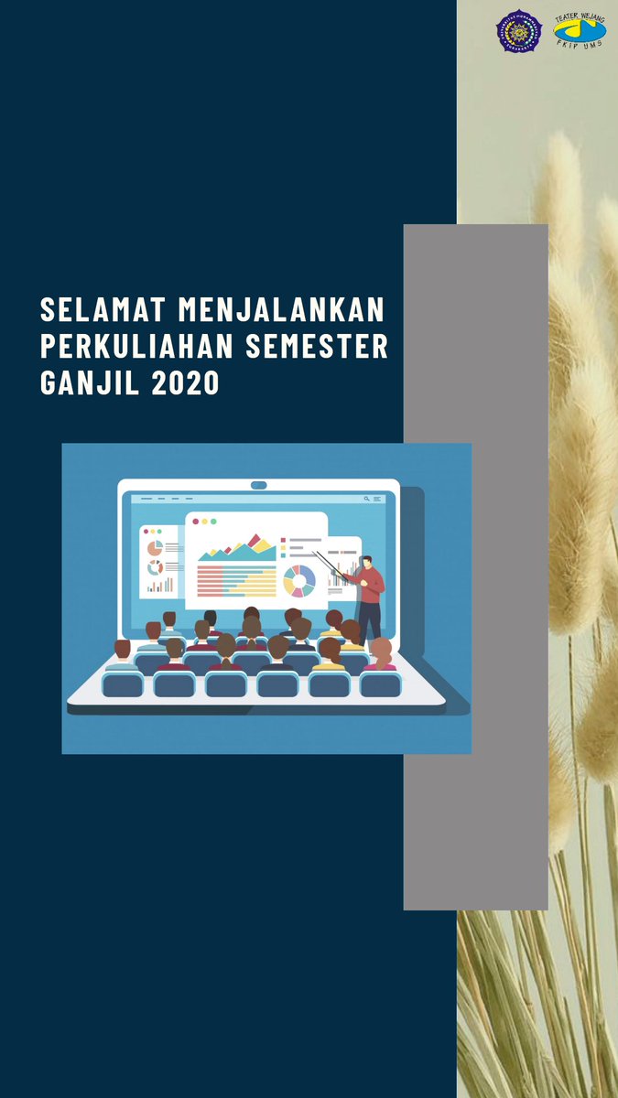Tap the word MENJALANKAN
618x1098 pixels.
281,310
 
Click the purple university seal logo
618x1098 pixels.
519,31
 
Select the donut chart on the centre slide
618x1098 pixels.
299,579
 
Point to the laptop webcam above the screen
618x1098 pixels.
258,485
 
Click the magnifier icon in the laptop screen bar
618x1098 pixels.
367,499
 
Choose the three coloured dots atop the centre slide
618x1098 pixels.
203,522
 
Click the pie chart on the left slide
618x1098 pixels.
155,548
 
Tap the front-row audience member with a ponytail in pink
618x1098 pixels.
381,656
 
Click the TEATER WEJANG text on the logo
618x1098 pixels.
579,16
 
